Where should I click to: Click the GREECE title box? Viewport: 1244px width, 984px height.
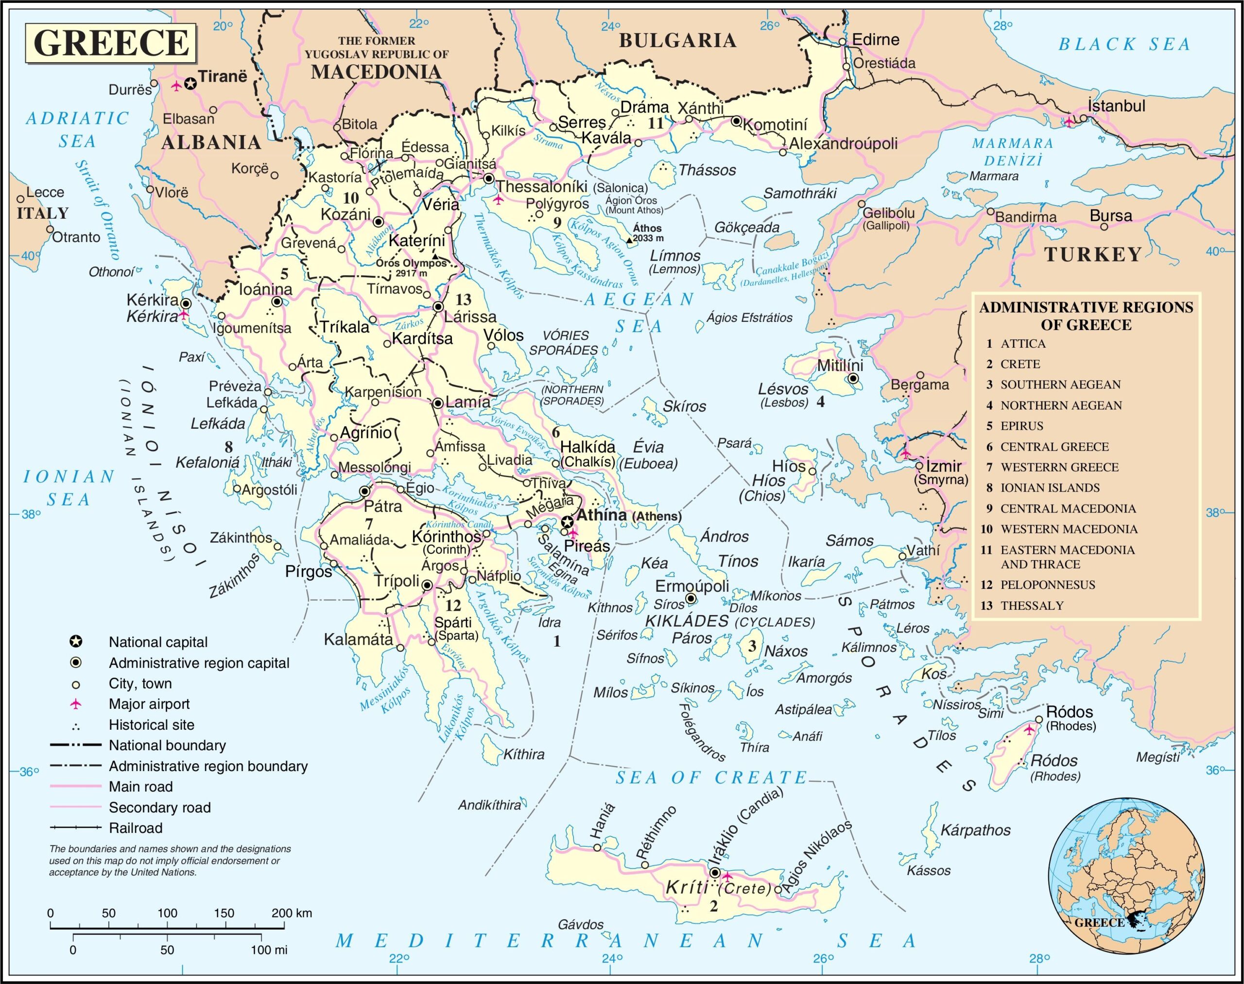pos(111,43)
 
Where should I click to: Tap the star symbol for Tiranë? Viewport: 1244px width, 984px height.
pos(190,84)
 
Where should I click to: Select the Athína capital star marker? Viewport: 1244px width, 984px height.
pos(567,522)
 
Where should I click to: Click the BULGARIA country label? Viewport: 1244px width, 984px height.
pos(677,40)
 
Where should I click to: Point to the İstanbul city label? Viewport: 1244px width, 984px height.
pos(1116,106)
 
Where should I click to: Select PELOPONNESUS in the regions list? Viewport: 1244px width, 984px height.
pos(1048,585)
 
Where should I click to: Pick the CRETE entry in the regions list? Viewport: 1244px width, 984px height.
pos(1020,364)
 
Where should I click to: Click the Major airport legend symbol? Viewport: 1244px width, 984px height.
pos(75,704)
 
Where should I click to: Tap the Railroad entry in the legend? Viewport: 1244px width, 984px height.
pos(136,828)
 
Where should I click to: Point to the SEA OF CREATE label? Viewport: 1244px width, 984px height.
pos(711,778)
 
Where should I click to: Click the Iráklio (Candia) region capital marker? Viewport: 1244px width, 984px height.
pos(715,873)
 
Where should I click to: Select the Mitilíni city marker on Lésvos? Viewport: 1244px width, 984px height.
pos(853,379)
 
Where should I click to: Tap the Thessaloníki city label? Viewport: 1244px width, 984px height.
pos(541,187)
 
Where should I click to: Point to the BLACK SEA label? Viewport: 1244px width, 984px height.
pos(1123,44)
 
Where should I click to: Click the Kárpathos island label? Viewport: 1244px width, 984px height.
pos(976,830)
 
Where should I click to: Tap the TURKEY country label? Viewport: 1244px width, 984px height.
pos(1092,254)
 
